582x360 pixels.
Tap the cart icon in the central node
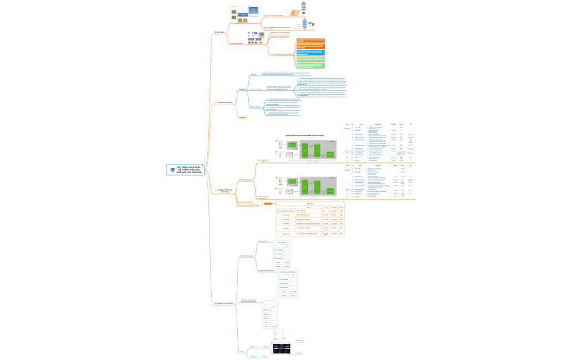(173, 170)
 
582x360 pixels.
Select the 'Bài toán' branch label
(220, 32)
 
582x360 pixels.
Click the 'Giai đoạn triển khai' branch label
(224, 103)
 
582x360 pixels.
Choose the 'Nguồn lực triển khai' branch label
(224, 304)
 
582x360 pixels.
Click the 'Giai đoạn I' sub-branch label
(242, 89)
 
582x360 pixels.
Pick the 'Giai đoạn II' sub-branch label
(242, 117)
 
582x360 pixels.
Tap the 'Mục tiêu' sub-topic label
(254, 74)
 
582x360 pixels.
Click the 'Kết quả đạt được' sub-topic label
(256, 106)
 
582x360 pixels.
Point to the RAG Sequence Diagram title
(304, 135)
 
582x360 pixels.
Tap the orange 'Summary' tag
(268, 204)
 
